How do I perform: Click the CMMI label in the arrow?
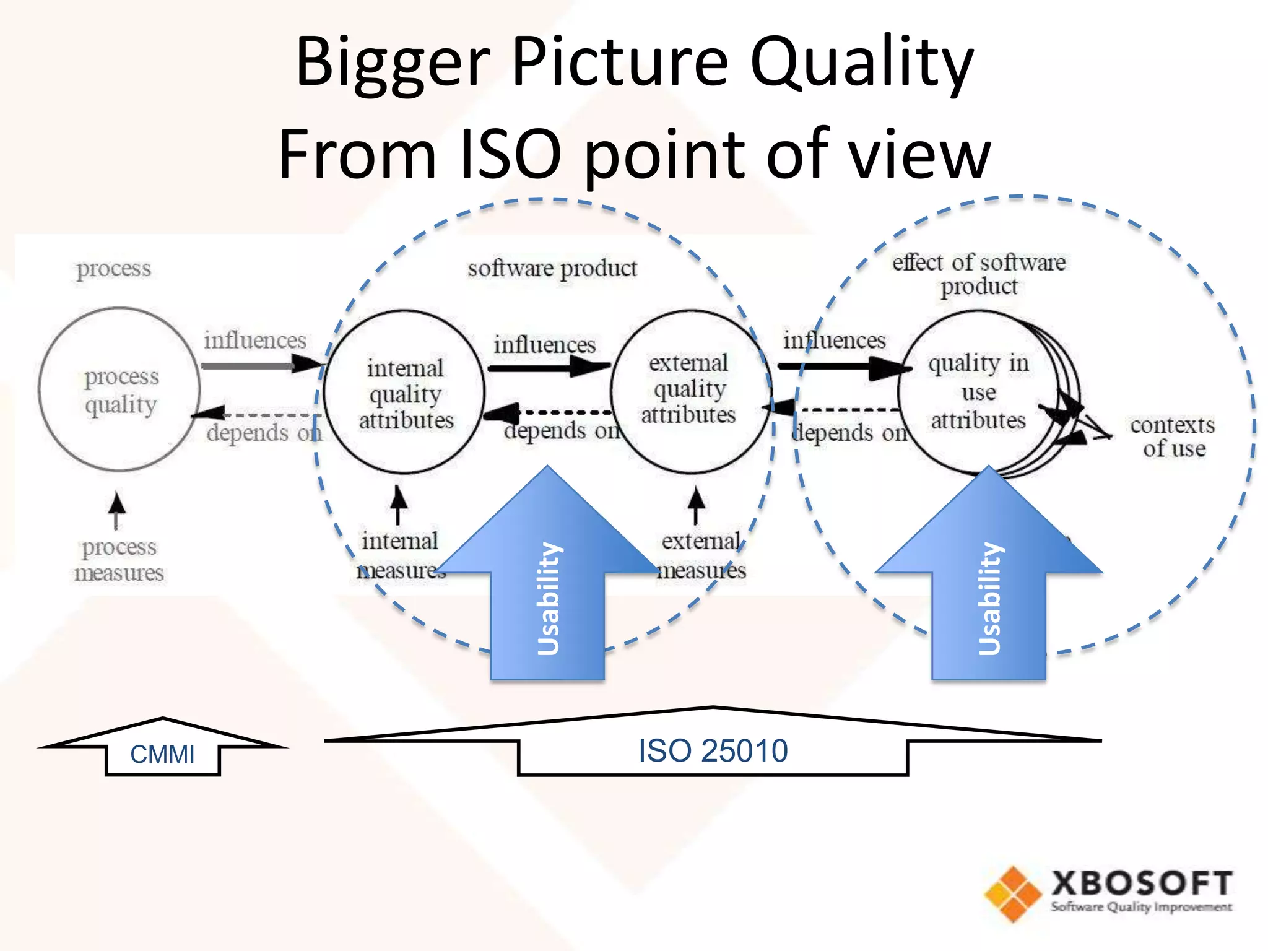tap(162, 754)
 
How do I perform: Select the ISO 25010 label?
tap(713, 751)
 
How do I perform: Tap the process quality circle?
tap(119, 390)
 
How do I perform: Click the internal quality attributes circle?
tap(405, 394)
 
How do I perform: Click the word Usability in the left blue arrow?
tap(549, 598)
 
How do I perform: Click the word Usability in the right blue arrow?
tap(989, 598)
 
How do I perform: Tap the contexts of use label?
tap(1173, 436)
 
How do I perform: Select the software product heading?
tap(552, 269)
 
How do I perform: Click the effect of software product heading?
tap(979, 274)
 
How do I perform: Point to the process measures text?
tap(119, 560)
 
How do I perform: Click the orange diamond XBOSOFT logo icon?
tap(1013, 893)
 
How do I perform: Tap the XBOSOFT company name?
tap(1142, 883)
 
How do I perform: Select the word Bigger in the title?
tap(394, 62)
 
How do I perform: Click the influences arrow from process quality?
tap(260, 365)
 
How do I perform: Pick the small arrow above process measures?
tap(116, 510)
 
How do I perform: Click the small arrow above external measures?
tap(697, 505)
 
